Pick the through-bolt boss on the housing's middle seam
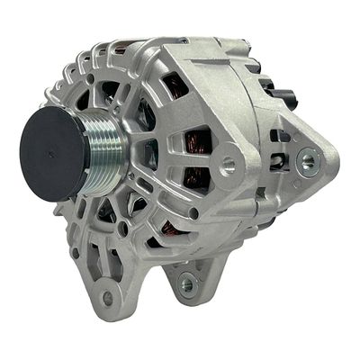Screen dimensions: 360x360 click(229, 165)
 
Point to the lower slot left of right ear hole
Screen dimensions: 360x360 click(278, 166)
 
